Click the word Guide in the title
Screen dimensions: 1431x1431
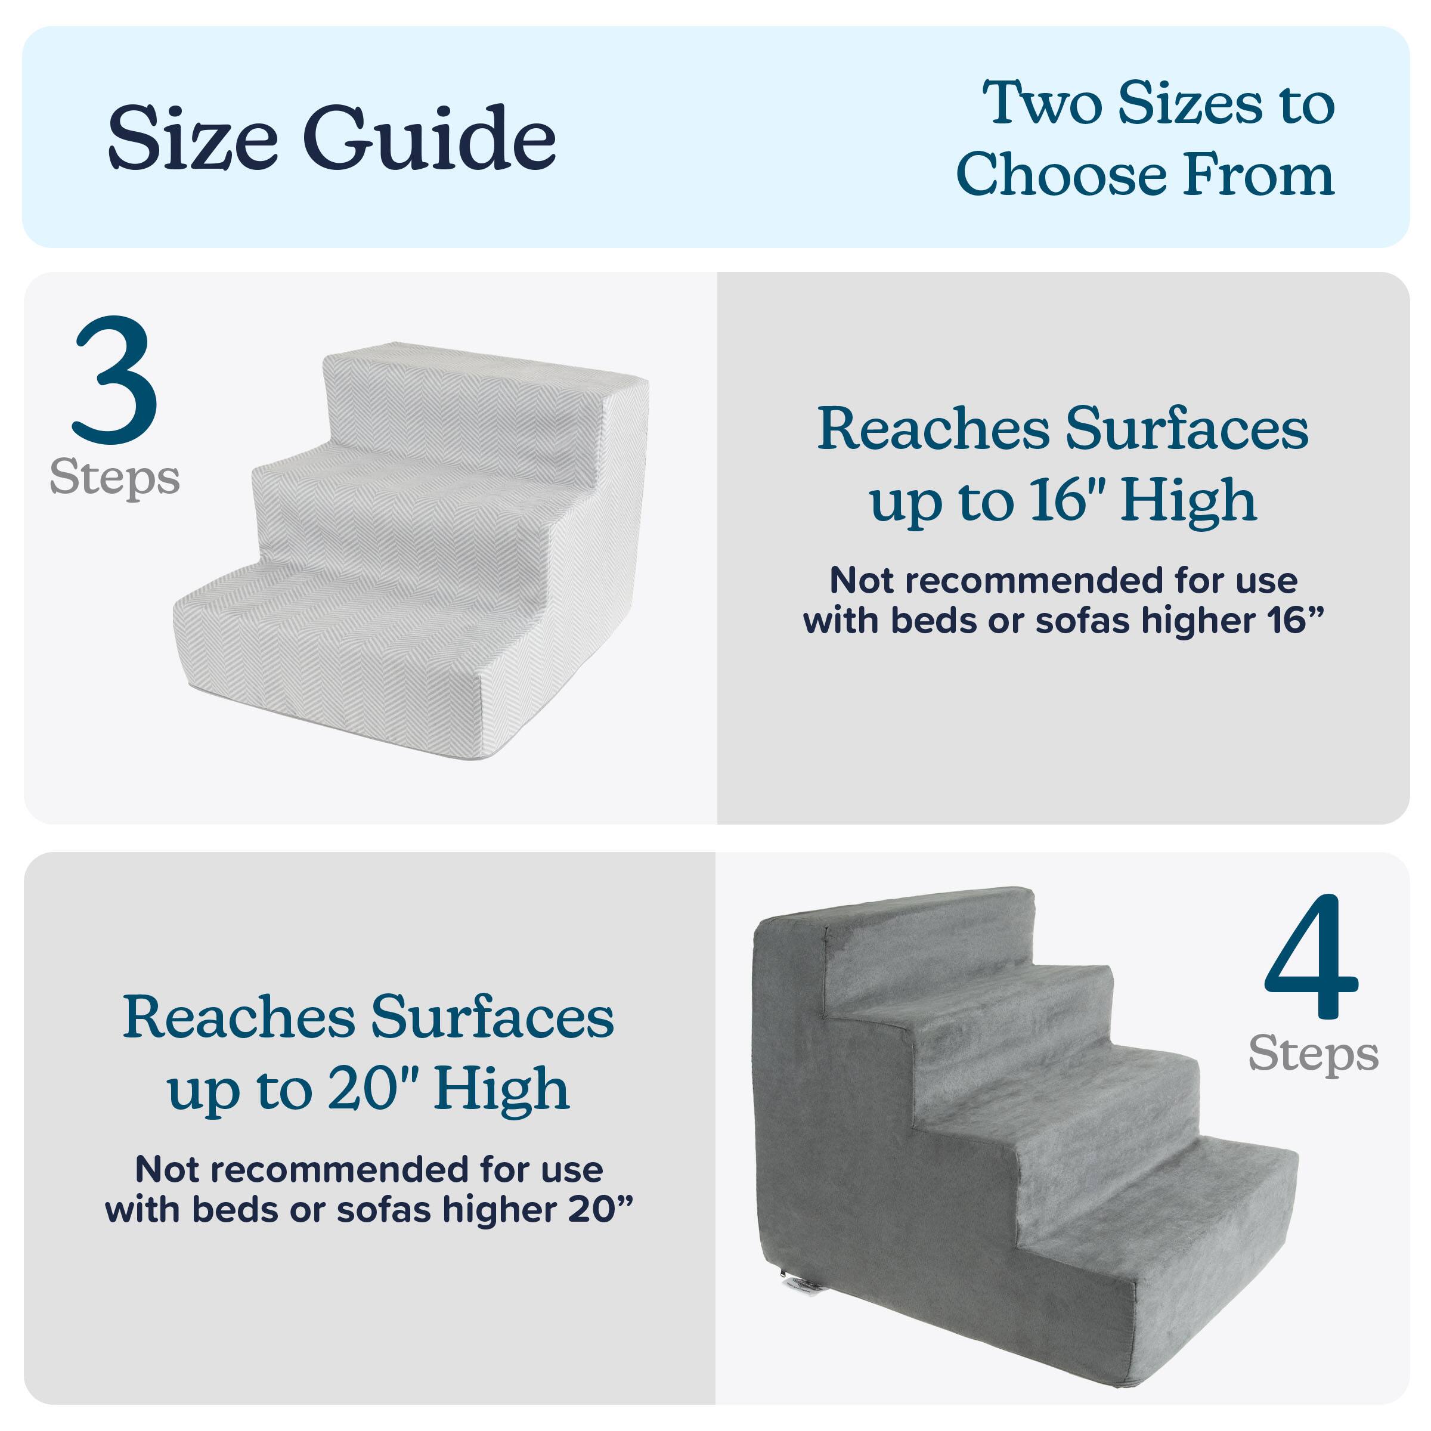pos(429,138)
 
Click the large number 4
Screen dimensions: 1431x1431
pos(1311,957)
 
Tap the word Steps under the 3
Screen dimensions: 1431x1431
pos(115,477)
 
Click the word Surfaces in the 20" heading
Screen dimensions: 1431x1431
pos(492,1017)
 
